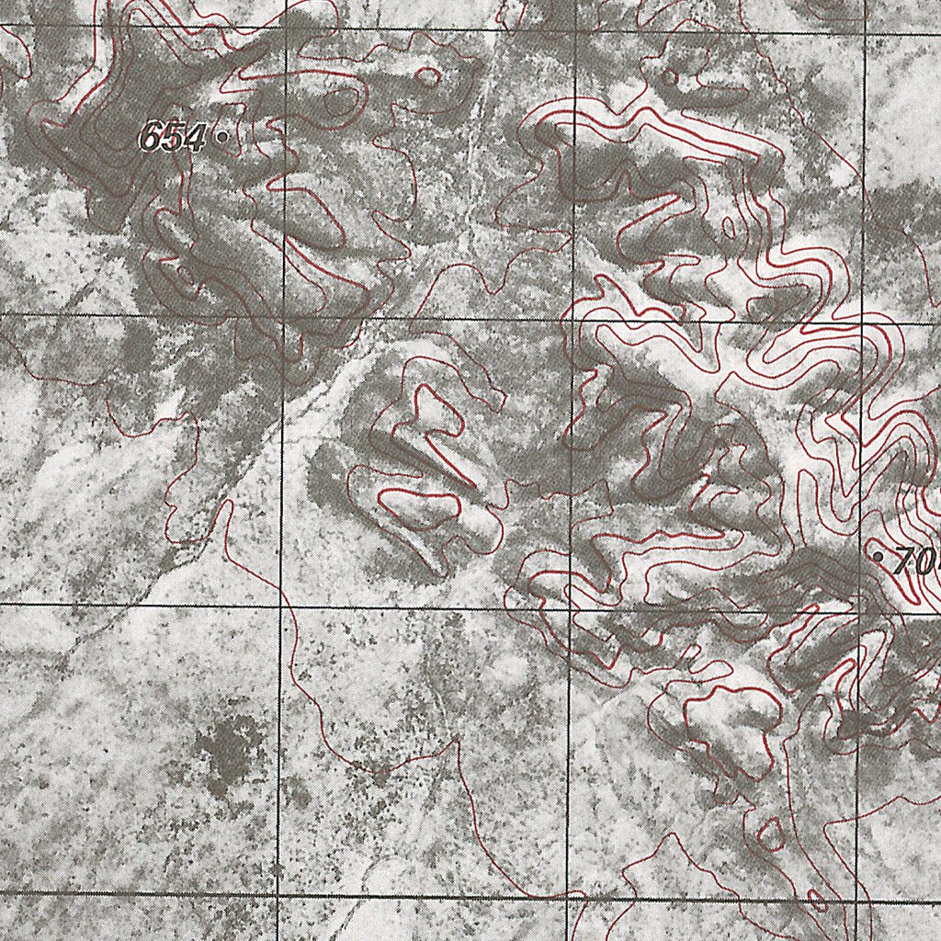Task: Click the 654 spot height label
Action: pyautogui.click(x=172, y=138)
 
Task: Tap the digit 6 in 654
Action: pyautogui.click(x=151, y=138)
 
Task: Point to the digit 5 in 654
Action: pyautogui.click(x=171, y=138)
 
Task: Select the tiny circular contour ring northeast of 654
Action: pyautogui.click(x=427, y=77)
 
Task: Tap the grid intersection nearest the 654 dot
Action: pyautogui.click(x=286, y=28)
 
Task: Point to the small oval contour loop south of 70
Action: pyautogui.click(x=771, y=834)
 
